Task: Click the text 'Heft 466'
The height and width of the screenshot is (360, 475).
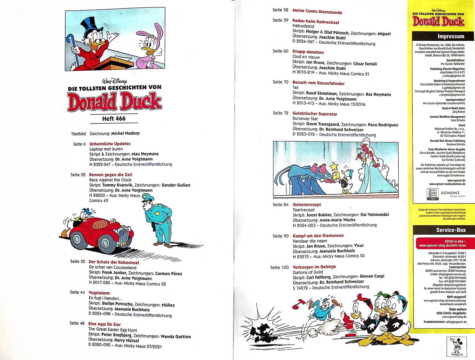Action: tap(114, 118)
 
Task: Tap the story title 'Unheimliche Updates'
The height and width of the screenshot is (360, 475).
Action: tap(110, 144)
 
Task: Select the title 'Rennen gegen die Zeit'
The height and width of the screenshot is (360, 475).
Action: tap(111, 175)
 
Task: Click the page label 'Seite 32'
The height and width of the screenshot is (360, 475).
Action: tap(77, 261)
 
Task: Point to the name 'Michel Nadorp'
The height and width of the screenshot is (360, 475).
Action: tap(125, 133)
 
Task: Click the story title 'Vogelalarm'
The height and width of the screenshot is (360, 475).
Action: tap(99, 293)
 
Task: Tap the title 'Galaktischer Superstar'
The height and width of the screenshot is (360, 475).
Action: tap(315, 114)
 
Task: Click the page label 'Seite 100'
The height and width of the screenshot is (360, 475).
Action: tap(279, 267)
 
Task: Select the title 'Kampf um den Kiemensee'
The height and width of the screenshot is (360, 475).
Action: tap(318, 236)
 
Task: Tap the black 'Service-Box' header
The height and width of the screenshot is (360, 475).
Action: tap(439, 230)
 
